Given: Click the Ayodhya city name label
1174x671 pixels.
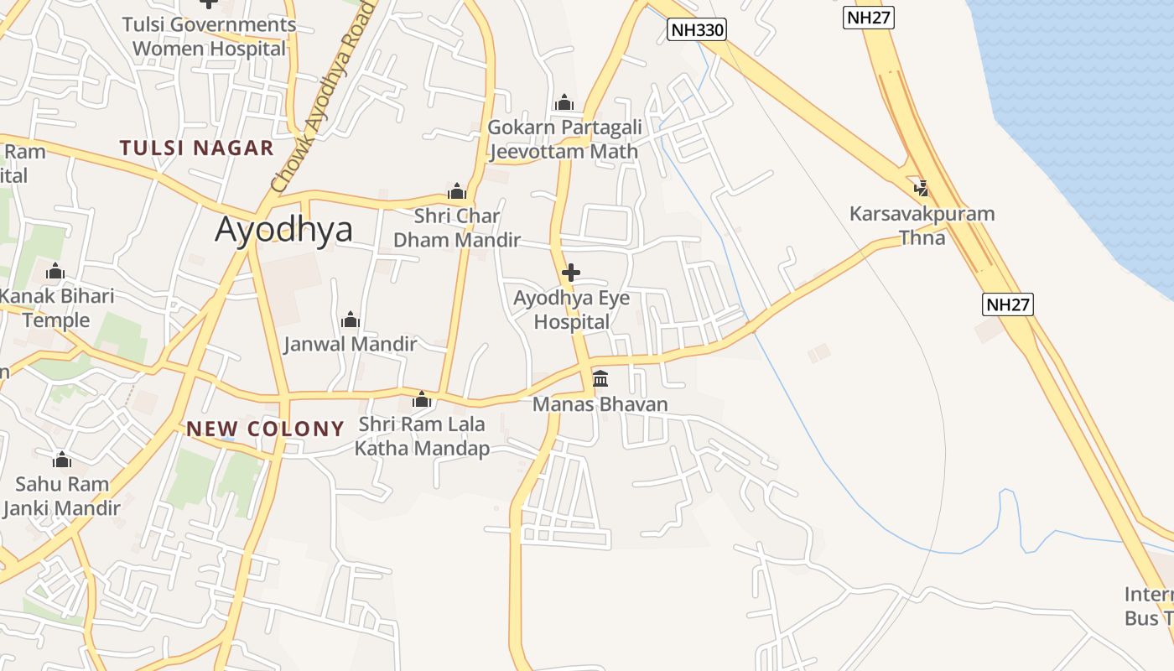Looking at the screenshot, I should [283, 229].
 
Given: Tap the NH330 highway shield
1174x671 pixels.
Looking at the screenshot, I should [697, 30].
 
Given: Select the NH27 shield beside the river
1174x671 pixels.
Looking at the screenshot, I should [1007, 304].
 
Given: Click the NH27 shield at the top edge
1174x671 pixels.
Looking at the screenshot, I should [868, 18].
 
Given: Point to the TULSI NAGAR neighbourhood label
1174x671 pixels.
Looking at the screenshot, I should [196, 148].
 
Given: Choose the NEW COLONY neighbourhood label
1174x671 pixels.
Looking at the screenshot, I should [265, 429].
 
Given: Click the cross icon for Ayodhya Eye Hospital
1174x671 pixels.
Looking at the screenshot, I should [571, 273].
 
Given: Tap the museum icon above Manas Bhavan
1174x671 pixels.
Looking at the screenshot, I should [600, 378].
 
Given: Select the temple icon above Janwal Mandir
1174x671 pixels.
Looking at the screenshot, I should [351, 320].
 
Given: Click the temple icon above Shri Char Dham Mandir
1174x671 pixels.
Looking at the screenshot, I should [457, 191].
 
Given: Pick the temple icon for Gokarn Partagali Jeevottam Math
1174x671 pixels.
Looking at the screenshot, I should [564, 102].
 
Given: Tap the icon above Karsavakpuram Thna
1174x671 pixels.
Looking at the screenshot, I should [922, 188].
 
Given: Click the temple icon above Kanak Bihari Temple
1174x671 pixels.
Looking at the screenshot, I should [55, 271].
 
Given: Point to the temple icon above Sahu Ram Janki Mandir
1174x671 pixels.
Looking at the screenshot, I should [62, 460].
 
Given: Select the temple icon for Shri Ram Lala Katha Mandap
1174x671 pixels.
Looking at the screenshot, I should [422, 399].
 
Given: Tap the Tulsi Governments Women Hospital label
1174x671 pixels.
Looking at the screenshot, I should [210, 36].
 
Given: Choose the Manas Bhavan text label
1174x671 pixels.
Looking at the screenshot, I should [600, 404].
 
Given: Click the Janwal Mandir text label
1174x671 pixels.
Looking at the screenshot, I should [350, 344].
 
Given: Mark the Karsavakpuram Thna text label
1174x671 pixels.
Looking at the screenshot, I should [922, 225].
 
